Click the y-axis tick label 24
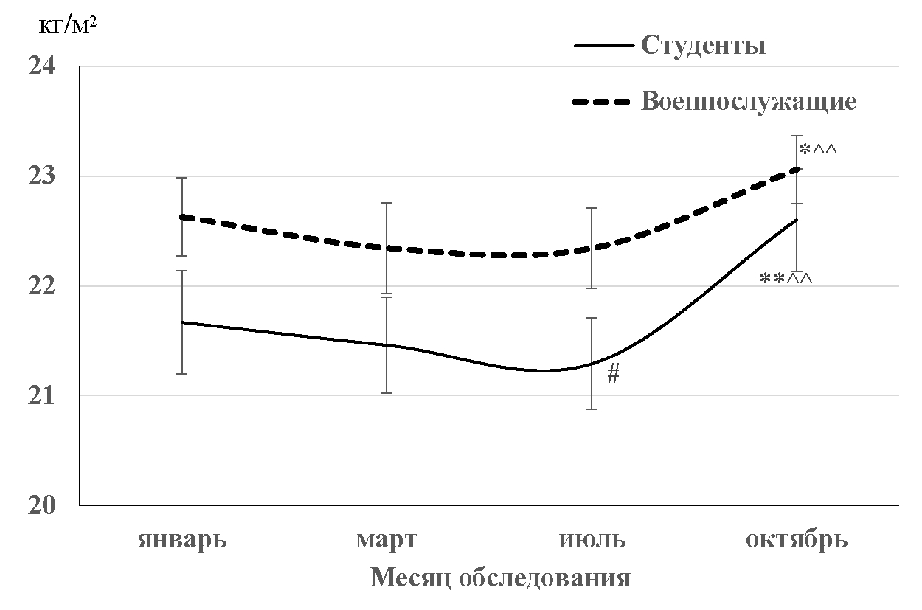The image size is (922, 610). (41, 66)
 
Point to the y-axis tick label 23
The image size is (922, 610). (41, 176)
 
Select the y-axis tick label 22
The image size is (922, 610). (41, 285)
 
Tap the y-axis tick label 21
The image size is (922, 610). (41, 395)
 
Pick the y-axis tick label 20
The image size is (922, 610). (41, 505)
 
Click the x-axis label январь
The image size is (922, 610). (181, 540)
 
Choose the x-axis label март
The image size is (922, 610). (387, 540)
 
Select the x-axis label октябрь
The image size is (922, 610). (797, 540)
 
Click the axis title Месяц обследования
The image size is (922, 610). (500, 578)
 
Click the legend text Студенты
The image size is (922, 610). (702, 46)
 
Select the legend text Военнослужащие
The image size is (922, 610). (749, 101)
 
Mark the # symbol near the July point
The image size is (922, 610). (613, 375)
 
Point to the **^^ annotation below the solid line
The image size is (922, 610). (786, 279)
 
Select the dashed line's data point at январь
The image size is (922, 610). (181, 217)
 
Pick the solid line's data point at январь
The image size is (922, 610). (181, 322)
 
